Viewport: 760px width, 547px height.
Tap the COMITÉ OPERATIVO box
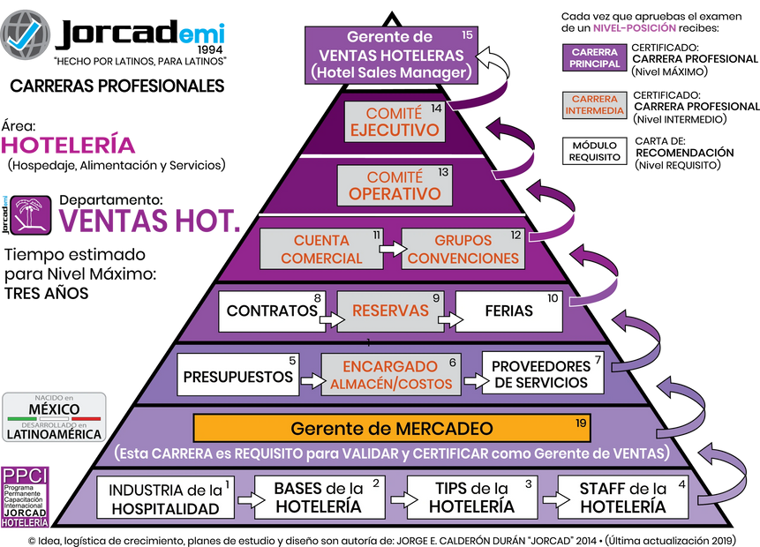coord(395,185)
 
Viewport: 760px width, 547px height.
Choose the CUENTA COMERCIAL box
coord(321,249)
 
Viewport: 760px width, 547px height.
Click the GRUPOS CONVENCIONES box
coord(463,249)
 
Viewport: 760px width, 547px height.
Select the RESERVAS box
coord(390,311)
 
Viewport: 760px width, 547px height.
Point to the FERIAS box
coord(508,311)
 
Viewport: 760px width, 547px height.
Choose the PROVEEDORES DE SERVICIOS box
coord(541,373)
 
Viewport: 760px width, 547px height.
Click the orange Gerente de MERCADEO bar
coord(392,429)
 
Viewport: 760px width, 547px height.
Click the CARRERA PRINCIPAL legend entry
coord(595,57)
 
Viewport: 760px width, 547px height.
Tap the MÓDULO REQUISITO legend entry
coord(594,151)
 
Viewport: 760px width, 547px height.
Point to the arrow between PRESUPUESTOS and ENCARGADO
coord(309,381)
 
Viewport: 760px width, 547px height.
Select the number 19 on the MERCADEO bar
coord(580,423)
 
